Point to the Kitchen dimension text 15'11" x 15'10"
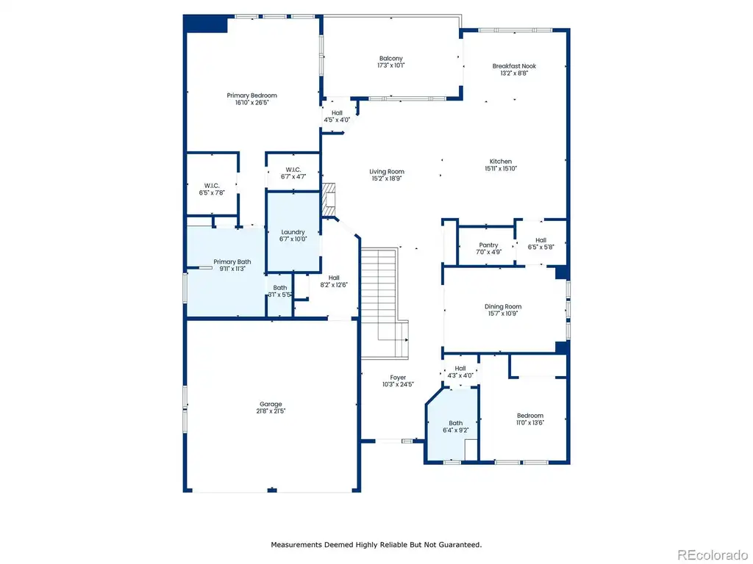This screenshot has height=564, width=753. pyautogui.click(x=501, y=168)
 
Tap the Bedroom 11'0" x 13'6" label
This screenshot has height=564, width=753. pyautogui.click(x=530, y=419)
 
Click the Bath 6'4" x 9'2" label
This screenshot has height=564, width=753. pyautogui.click(x=456, y=427)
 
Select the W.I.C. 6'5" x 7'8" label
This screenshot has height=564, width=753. pyautogui.click(x=212, y=189)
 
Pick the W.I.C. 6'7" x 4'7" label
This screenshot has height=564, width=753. pyautogui.click(x=293, y=173)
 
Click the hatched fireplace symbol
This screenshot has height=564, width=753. pyautogui.click(x=329, y=200)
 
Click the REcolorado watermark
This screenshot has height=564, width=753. pyautogui.click(x=712, y=555)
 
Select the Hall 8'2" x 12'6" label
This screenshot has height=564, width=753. pyautogui.click(x=334, y=281)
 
